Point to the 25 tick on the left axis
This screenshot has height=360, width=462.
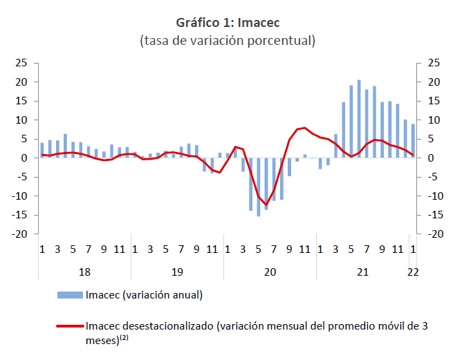click(21, 63)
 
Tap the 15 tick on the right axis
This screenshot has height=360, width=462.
click(434, 101)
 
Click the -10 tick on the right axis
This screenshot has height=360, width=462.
click(436, 196)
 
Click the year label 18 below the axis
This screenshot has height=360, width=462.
click(84, 272)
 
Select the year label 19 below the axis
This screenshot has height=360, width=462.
click(177, 272)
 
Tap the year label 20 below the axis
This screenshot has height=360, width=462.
click(270, 272)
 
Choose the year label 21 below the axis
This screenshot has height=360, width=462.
click(362, 272)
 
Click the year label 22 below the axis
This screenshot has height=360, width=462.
click(413, 272)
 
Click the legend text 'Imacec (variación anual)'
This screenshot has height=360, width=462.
click(144, 295)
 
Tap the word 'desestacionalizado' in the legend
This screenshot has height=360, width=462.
click(169, 325)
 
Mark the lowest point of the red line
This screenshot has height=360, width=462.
click(266, 205)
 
